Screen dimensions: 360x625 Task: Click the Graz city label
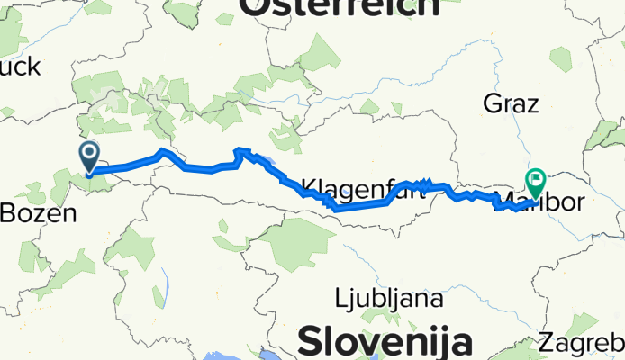(512, 103)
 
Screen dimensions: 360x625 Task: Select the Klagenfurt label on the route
(351, 189)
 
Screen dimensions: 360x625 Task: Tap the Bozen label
(37, 214)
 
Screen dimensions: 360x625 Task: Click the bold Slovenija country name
(385, 342)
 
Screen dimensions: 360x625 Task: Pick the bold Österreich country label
(339, 8)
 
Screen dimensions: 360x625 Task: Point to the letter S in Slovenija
(311, 342)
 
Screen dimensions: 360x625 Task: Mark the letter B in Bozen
(10, 214)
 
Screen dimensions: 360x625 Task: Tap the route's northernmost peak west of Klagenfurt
(238, 149)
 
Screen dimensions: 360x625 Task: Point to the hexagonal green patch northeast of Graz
(561, 59)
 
